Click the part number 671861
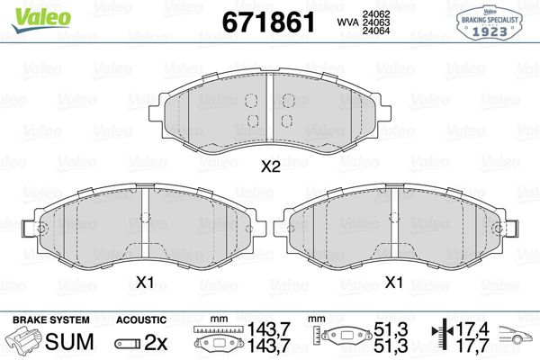tap(268, 22)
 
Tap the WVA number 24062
tap(376, 14)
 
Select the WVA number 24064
tap(376, 31)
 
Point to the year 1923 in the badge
tap(490, 31)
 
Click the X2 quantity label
tap(271, 167)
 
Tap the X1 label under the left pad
tap(145, 283)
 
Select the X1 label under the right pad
tap(393, 283)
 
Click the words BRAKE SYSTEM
tap(51, 319)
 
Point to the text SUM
tap(69, 342)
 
